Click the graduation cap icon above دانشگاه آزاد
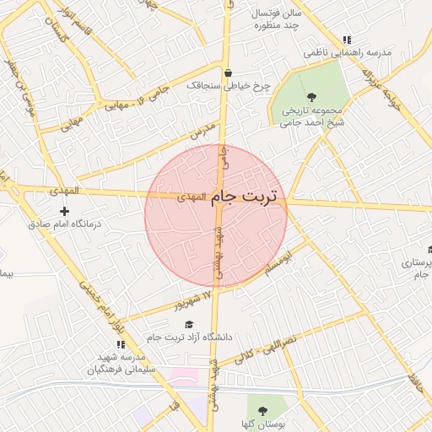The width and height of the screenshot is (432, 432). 189,325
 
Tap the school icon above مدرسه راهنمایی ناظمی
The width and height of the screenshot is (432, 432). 346,40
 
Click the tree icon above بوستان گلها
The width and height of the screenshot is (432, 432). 262,409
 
